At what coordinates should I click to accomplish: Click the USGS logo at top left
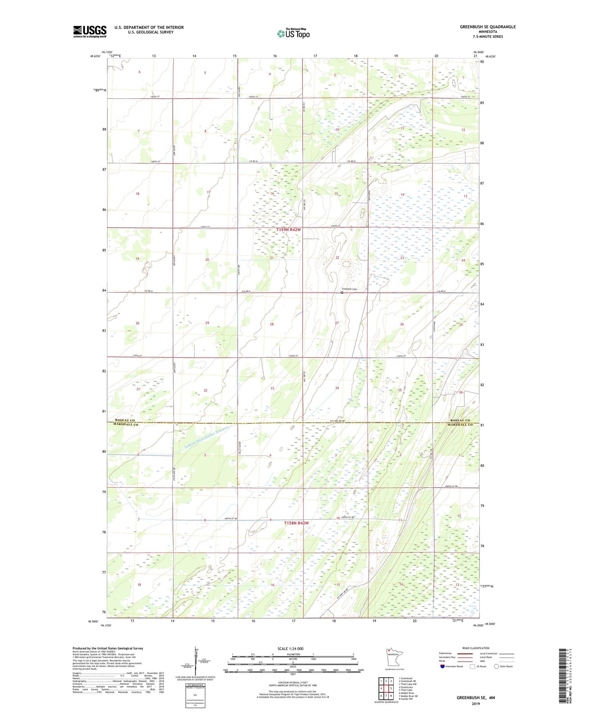tap(89, 31)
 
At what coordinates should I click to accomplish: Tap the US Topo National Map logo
tap(293, 33)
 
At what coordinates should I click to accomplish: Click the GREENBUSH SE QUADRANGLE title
tap(488, 27)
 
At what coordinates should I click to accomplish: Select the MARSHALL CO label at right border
tap(460, 425)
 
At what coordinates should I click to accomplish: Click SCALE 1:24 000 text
tap(290, 649)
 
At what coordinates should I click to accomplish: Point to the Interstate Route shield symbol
tap(442, 666)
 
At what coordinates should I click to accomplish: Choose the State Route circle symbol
tap(496, 666)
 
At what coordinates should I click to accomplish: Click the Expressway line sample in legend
tap(465, 653)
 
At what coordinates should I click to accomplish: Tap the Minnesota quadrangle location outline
tap(394, 658)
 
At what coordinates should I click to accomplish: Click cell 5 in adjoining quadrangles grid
tap(391, 688)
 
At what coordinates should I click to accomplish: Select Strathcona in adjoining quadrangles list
tap(407, 687)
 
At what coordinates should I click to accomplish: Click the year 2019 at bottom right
tap(476, 703)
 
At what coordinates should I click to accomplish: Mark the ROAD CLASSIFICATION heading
tap(476, 648)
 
